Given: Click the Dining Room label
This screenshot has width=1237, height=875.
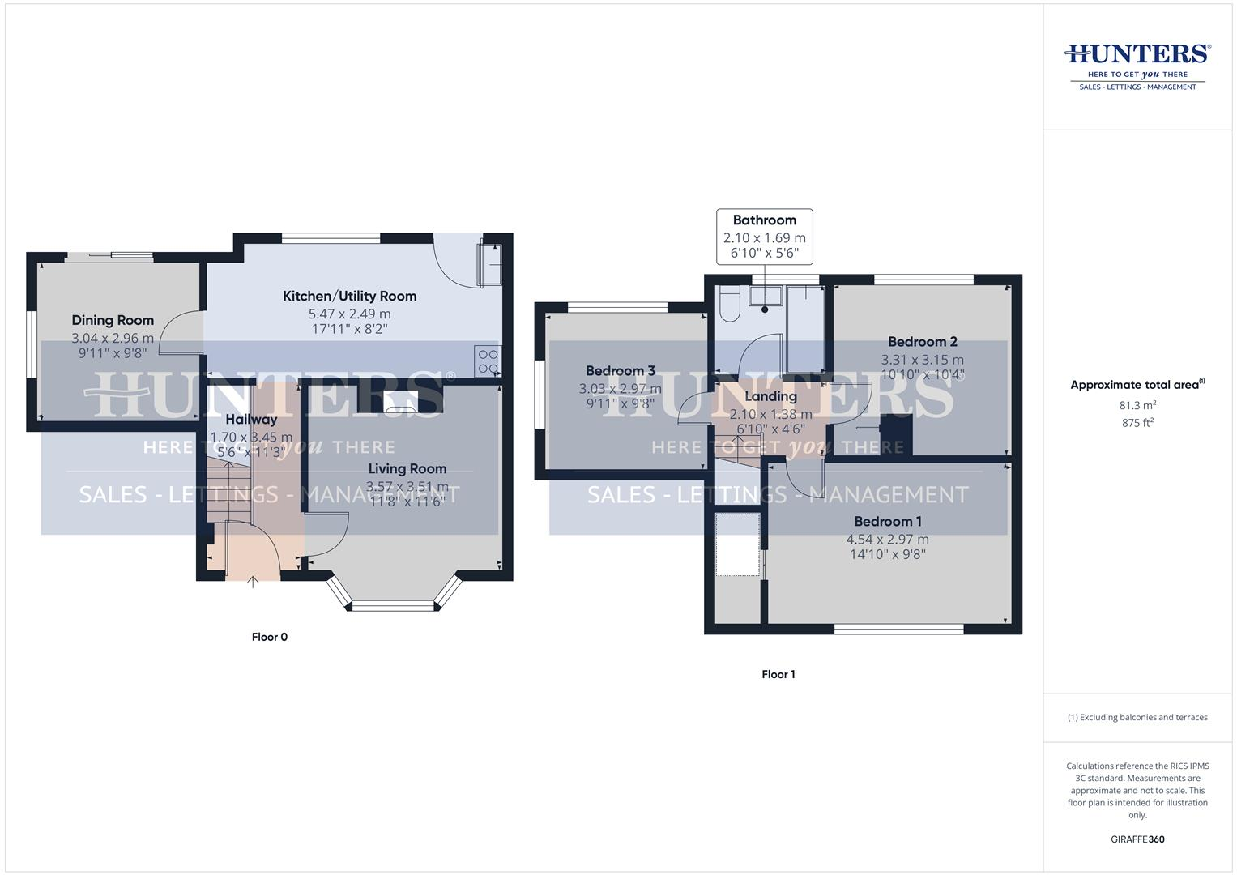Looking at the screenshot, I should pos(113,320).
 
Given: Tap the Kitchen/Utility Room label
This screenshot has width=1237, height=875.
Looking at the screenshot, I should pos(349,296).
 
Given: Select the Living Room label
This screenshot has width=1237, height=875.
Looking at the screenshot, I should pos(407,468).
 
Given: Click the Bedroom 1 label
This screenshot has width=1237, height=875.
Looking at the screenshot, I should pos(887,521).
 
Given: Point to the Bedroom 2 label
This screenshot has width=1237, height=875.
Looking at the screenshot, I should pos(922,341).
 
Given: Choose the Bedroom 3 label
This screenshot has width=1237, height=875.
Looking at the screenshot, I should pos(620,371).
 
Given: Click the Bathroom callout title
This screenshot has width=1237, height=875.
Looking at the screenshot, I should pos(764,220).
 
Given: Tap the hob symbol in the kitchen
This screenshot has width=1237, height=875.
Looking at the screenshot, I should pos(488,361).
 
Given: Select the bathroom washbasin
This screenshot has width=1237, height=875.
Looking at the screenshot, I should pos(764,297).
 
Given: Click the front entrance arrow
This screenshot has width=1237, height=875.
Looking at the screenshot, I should pos(253,581).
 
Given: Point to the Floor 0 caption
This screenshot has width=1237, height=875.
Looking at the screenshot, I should pos(269,637).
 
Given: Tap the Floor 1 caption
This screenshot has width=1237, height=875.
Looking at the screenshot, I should pos(778,674).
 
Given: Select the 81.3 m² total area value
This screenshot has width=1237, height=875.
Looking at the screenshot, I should pos(1137,405).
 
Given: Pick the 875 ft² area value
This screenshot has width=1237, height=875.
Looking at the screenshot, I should pos(1137,423).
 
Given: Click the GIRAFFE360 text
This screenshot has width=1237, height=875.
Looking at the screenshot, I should pos(1137,839).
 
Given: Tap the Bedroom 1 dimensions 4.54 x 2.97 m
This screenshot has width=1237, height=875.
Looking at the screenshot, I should pos(887,539).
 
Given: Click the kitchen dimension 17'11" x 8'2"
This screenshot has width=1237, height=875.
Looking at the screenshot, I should pos(349,329).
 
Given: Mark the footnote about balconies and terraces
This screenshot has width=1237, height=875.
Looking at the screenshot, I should pos(1137,717).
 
